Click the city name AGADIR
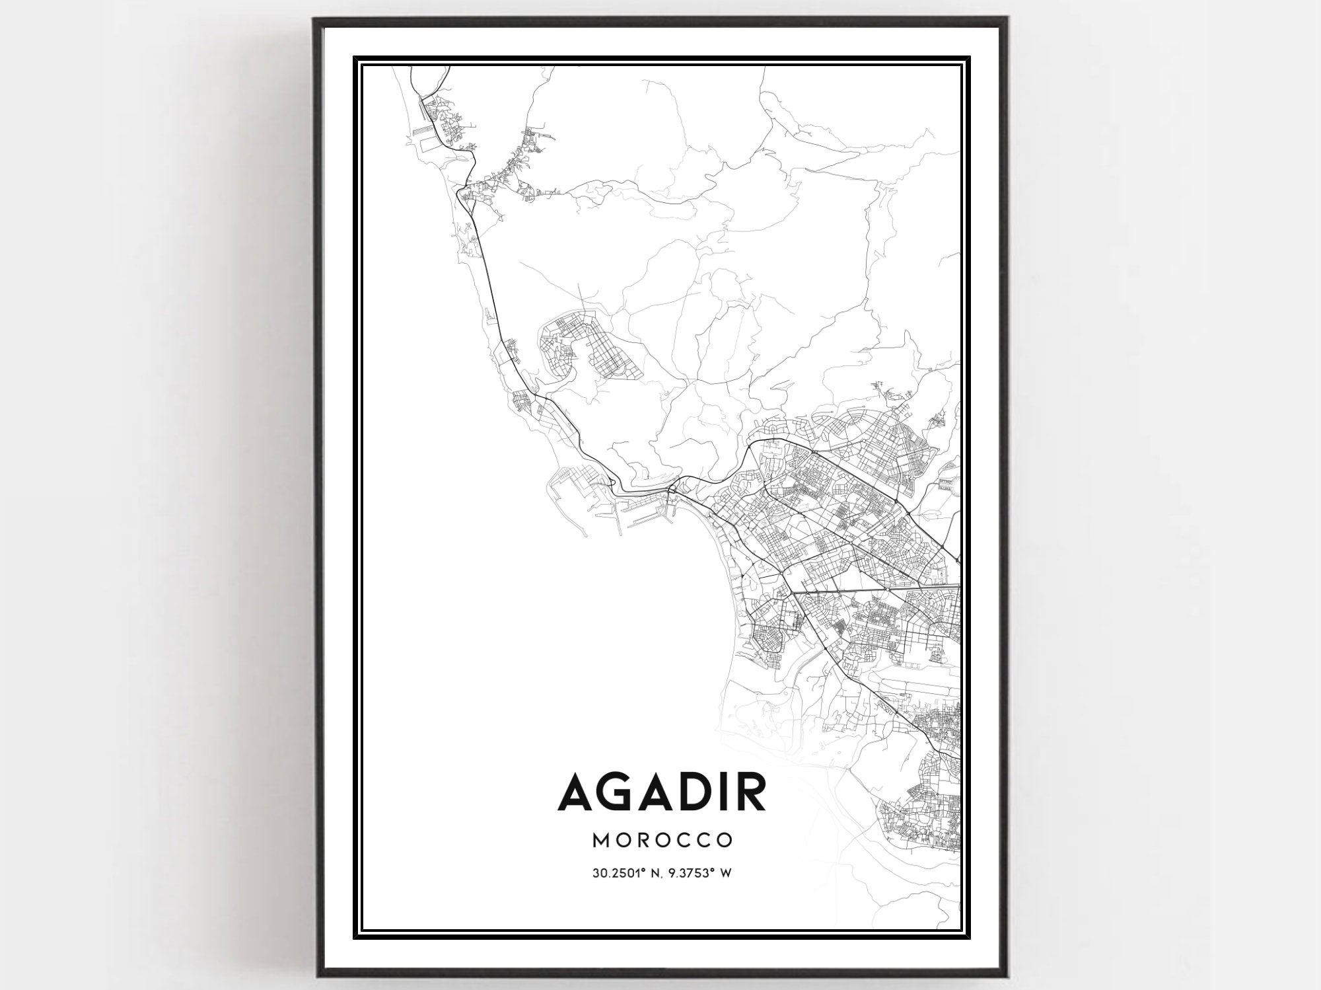[x=662, y=792]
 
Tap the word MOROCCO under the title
[x=662, y=840]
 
